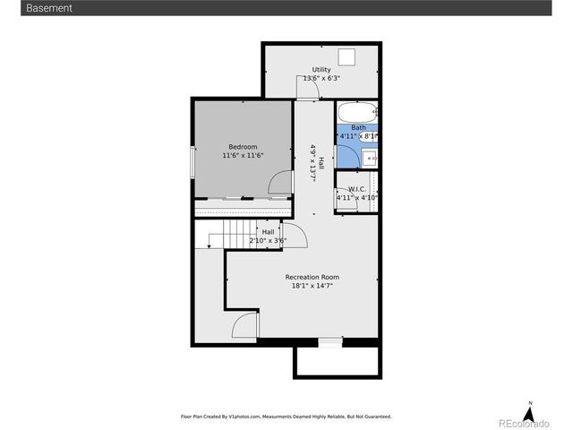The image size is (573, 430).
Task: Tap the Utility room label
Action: pos(321,70)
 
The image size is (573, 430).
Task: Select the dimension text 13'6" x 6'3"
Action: pos(321,79)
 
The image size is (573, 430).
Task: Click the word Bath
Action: pos(358,127)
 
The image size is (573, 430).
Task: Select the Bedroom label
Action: pos(243,147)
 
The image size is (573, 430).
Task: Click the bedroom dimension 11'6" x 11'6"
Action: pos(243,156)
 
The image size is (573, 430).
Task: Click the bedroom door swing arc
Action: pos(279,182)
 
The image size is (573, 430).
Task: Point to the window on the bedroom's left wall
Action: pos(192,162)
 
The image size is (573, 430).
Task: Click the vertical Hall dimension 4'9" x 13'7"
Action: pos(313,161)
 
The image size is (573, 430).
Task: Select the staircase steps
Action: pos(236,234)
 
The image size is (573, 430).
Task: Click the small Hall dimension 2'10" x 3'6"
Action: pos(268,240)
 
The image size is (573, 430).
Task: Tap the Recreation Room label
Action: pos(312,277)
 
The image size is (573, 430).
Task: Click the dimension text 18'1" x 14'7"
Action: pos(312,286)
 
